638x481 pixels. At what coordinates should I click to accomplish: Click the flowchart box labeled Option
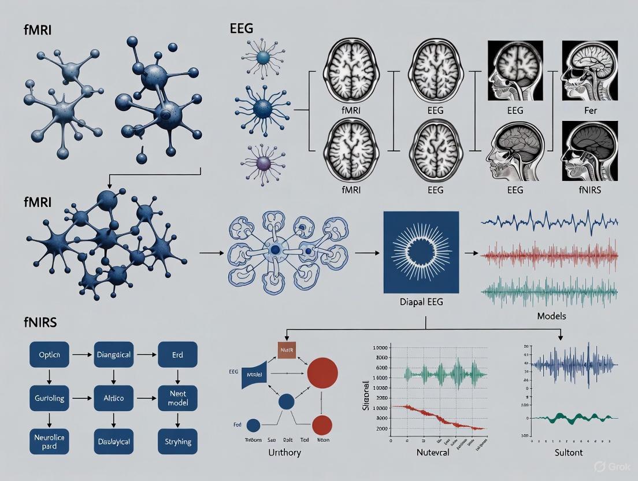click(x=49, y=354)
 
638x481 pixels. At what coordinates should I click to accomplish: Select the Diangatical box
click(x=113, y=354)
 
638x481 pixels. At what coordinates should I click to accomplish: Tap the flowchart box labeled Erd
click(x=177, y=354)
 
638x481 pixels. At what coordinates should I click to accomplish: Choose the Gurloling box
click(x=49, y=398)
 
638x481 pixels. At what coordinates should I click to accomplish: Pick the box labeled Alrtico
click(x=113, y=398)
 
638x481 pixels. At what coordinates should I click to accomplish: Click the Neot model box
click(x=177, y=398)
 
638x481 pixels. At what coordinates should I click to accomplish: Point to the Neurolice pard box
click(x=49, y=442)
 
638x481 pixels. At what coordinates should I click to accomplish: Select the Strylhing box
click(x=177, y=442)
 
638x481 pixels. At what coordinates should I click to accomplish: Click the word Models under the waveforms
click(x=551, y=316)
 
